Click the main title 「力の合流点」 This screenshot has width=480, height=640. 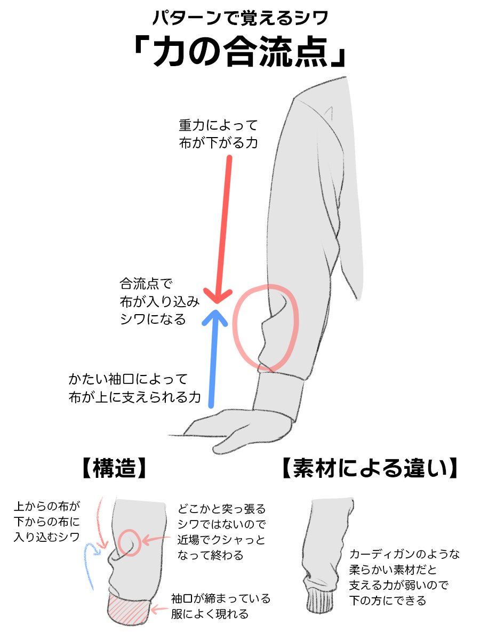239,53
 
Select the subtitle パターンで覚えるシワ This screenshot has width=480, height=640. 239,18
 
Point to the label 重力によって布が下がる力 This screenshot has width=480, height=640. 218,134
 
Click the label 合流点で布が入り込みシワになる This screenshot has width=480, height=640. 159,301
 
